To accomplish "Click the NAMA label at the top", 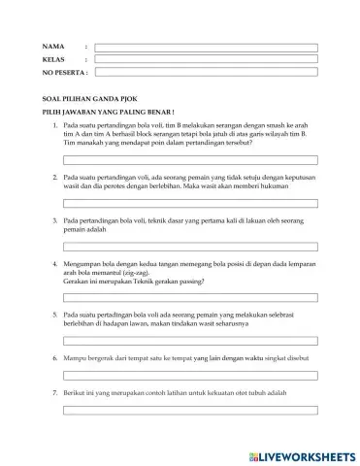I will coord(52,46).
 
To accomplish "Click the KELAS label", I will coord(53,59).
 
